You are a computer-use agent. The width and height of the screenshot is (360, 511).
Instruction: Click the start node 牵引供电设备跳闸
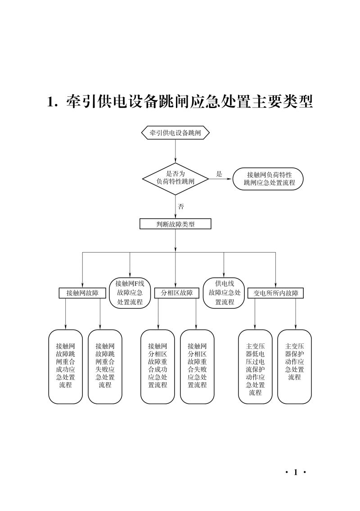coord(175,133)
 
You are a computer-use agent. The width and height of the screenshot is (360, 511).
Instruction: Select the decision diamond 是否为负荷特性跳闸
coord(175,179)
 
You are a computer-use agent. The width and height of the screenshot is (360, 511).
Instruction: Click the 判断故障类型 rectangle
coord(175,224)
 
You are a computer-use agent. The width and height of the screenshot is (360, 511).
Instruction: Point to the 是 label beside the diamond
coord(219,174)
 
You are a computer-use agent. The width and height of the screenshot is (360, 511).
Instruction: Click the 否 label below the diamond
coord(181,207)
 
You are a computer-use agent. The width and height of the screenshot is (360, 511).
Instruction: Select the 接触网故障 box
coord(82,293)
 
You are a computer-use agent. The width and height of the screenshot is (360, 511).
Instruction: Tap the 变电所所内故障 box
coord(275,293)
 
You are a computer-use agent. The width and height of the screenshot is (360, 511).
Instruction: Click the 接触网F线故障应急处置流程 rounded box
coord(130,293)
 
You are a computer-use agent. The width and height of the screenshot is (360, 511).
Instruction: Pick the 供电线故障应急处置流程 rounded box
coord(224,293)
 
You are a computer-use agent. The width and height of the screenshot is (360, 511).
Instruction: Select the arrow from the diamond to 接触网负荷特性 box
coord(220,179)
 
